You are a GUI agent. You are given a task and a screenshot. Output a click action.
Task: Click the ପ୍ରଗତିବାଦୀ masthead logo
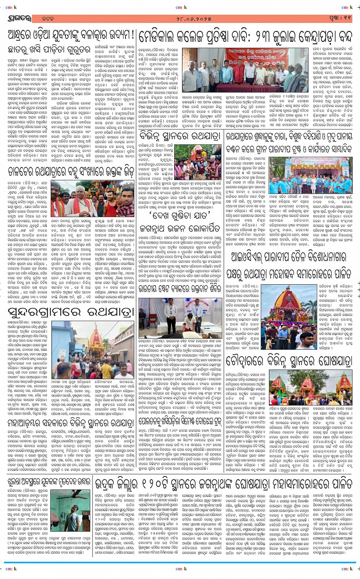18,18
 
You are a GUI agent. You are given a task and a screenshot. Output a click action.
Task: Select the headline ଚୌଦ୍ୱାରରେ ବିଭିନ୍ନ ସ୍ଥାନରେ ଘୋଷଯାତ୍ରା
288,361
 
